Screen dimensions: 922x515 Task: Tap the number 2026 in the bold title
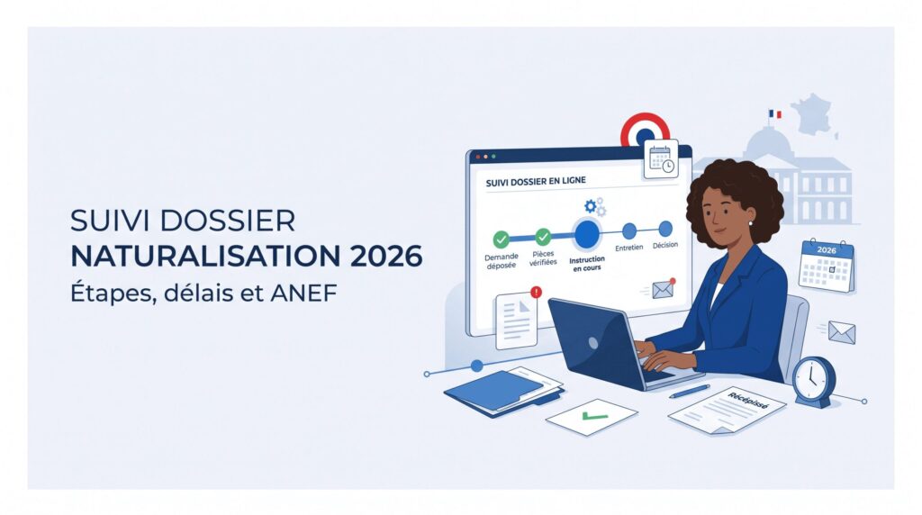click(385, 257)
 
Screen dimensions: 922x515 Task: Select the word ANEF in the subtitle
click(303, 293)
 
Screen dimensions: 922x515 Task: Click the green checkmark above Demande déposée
click(501, 239)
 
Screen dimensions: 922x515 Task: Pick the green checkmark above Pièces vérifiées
click(543, 237)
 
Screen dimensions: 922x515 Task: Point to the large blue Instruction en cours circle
click(587, 234)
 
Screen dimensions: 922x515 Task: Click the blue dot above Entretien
click(629, 230)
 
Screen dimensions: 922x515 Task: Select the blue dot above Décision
click(665, 228)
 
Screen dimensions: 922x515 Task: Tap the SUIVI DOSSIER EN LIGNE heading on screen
click(536, 181)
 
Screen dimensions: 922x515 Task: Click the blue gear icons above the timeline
click(595, 207)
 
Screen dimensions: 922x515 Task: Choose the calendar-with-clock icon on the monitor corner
click(661, 158)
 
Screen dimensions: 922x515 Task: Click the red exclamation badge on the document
click(536, 292)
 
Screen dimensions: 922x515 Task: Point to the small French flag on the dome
click(775, 114)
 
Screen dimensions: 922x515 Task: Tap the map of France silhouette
click(814, 115)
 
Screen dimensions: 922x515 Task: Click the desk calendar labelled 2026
click(827, 266)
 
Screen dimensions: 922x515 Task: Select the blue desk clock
click(814, 382)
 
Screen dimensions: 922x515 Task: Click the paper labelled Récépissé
click(728, 411)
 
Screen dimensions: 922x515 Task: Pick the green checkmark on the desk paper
click(595, 416)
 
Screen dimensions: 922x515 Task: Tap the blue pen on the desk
click(689, 392)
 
